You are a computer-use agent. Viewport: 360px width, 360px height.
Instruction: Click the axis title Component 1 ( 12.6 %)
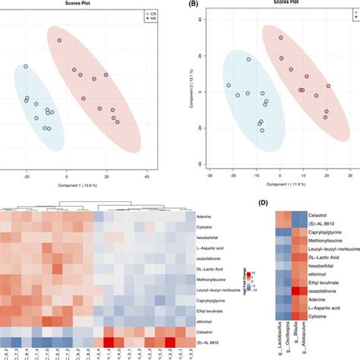(86, 185)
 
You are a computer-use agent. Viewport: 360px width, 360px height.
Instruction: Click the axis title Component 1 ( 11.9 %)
(279, 185)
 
